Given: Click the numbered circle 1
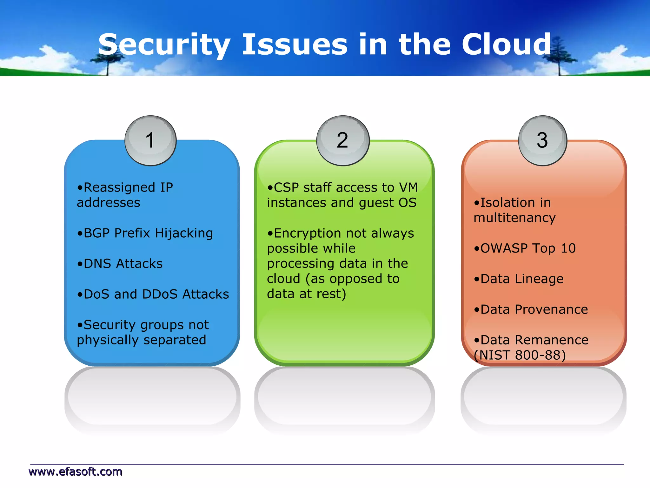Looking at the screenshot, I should coord(150,140).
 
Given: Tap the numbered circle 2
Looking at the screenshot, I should coord(343,140).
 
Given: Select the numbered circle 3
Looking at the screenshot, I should coord(542,140).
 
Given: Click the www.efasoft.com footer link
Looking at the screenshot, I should coord(75,471).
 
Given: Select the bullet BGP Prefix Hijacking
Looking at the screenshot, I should coord(145,233).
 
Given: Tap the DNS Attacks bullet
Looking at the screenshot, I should coord(120,264).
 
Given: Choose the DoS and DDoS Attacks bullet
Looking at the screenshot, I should coord(153,294).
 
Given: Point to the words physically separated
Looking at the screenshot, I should coord(141,340).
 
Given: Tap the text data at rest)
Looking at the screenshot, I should coord(306,294).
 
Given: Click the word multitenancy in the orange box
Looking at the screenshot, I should coord(514,218).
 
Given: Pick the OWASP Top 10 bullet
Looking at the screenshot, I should coord(525,248).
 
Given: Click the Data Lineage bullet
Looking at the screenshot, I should coord(519,279).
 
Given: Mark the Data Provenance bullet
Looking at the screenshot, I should coord(531,309).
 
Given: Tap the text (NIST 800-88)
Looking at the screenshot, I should coord(520,355).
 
